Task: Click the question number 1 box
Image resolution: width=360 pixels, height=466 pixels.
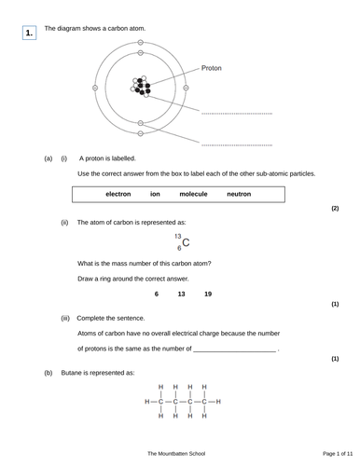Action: click(29, 34)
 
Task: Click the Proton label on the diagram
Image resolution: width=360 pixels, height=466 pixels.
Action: click(214, 68)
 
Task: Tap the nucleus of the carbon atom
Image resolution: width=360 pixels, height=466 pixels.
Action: click(142, 88)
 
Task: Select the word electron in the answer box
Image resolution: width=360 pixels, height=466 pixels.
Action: click(118, 194)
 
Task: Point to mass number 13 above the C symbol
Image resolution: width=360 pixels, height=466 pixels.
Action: click(178, 237)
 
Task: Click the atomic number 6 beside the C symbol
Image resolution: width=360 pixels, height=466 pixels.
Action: click(179, 249)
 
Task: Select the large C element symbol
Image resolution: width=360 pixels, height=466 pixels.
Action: click(187, 244)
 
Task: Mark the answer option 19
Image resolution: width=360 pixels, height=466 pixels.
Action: click(207, 295)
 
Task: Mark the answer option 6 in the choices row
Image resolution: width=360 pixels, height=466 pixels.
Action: click(157, 295)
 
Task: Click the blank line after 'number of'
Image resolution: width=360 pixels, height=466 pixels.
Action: click(235, 349)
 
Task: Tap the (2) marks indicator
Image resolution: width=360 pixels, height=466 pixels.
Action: click(334, 208)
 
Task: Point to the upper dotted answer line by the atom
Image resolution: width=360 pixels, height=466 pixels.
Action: click(236, 113)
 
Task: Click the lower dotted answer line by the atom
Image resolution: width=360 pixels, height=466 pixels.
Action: click(236, 145)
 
